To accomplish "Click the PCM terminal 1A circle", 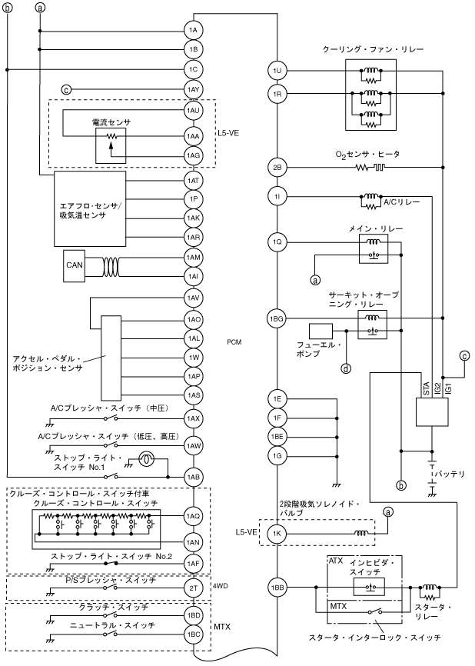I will [x=193, y=30].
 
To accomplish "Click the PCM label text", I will [x=235, y=341].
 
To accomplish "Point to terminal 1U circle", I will [x=277, y=71].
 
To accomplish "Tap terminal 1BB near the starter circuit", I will [x=277, y=588].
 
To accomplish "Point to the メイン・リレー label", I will [x=375, y=229].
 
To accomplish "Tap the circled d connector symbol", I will [x=347, y=368].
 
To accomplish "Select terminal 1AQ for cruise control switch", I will [x=193, y=516].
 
